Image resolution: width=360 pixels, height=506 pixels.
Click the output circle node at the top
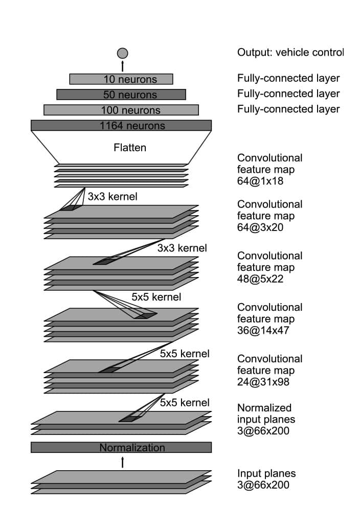[x=122, y=53]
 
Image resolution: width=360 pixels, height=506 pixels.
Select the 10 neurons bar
[x=121, y=79]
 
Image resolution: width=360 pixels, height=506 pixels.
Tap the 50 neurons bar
[x=121, y=95]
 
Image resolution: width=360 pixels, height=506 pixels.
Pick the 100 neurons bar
[x=121, y=110]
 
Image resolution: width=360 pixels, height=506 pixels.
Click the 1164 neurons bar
[x=121, y=125]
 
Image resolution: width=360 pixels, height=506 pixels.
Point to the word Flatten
[x=129, y=148]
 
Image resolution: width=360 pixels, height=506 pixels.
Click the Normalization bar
[x=121, y=448]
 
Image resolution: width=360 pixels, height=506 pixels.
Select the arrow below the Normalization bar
[x=122, y=462]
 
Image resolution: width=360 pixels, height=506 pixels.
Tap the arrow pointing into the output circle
[x=122, y=66]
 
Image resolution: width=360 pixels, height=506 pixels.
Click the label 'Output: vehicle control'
[x=290, y=52]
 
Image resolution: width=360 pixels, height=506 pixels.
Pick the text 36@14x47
[x=263, y=331]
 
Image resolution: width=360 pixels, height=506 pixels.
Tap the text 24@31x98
[x=263, y=382]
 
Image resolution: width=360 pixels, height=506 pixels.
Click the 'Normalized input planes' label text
[x=266, y=413]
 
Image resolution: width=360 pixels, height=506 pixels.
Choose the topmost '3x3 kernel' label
[x=112, y=196]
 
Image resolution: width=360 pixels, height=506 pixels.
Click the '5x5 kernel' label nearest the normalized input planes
[x=185, y=402]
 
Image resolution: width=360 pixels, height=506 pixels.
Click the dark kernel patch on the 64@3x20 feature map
[x=68, y=208]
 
